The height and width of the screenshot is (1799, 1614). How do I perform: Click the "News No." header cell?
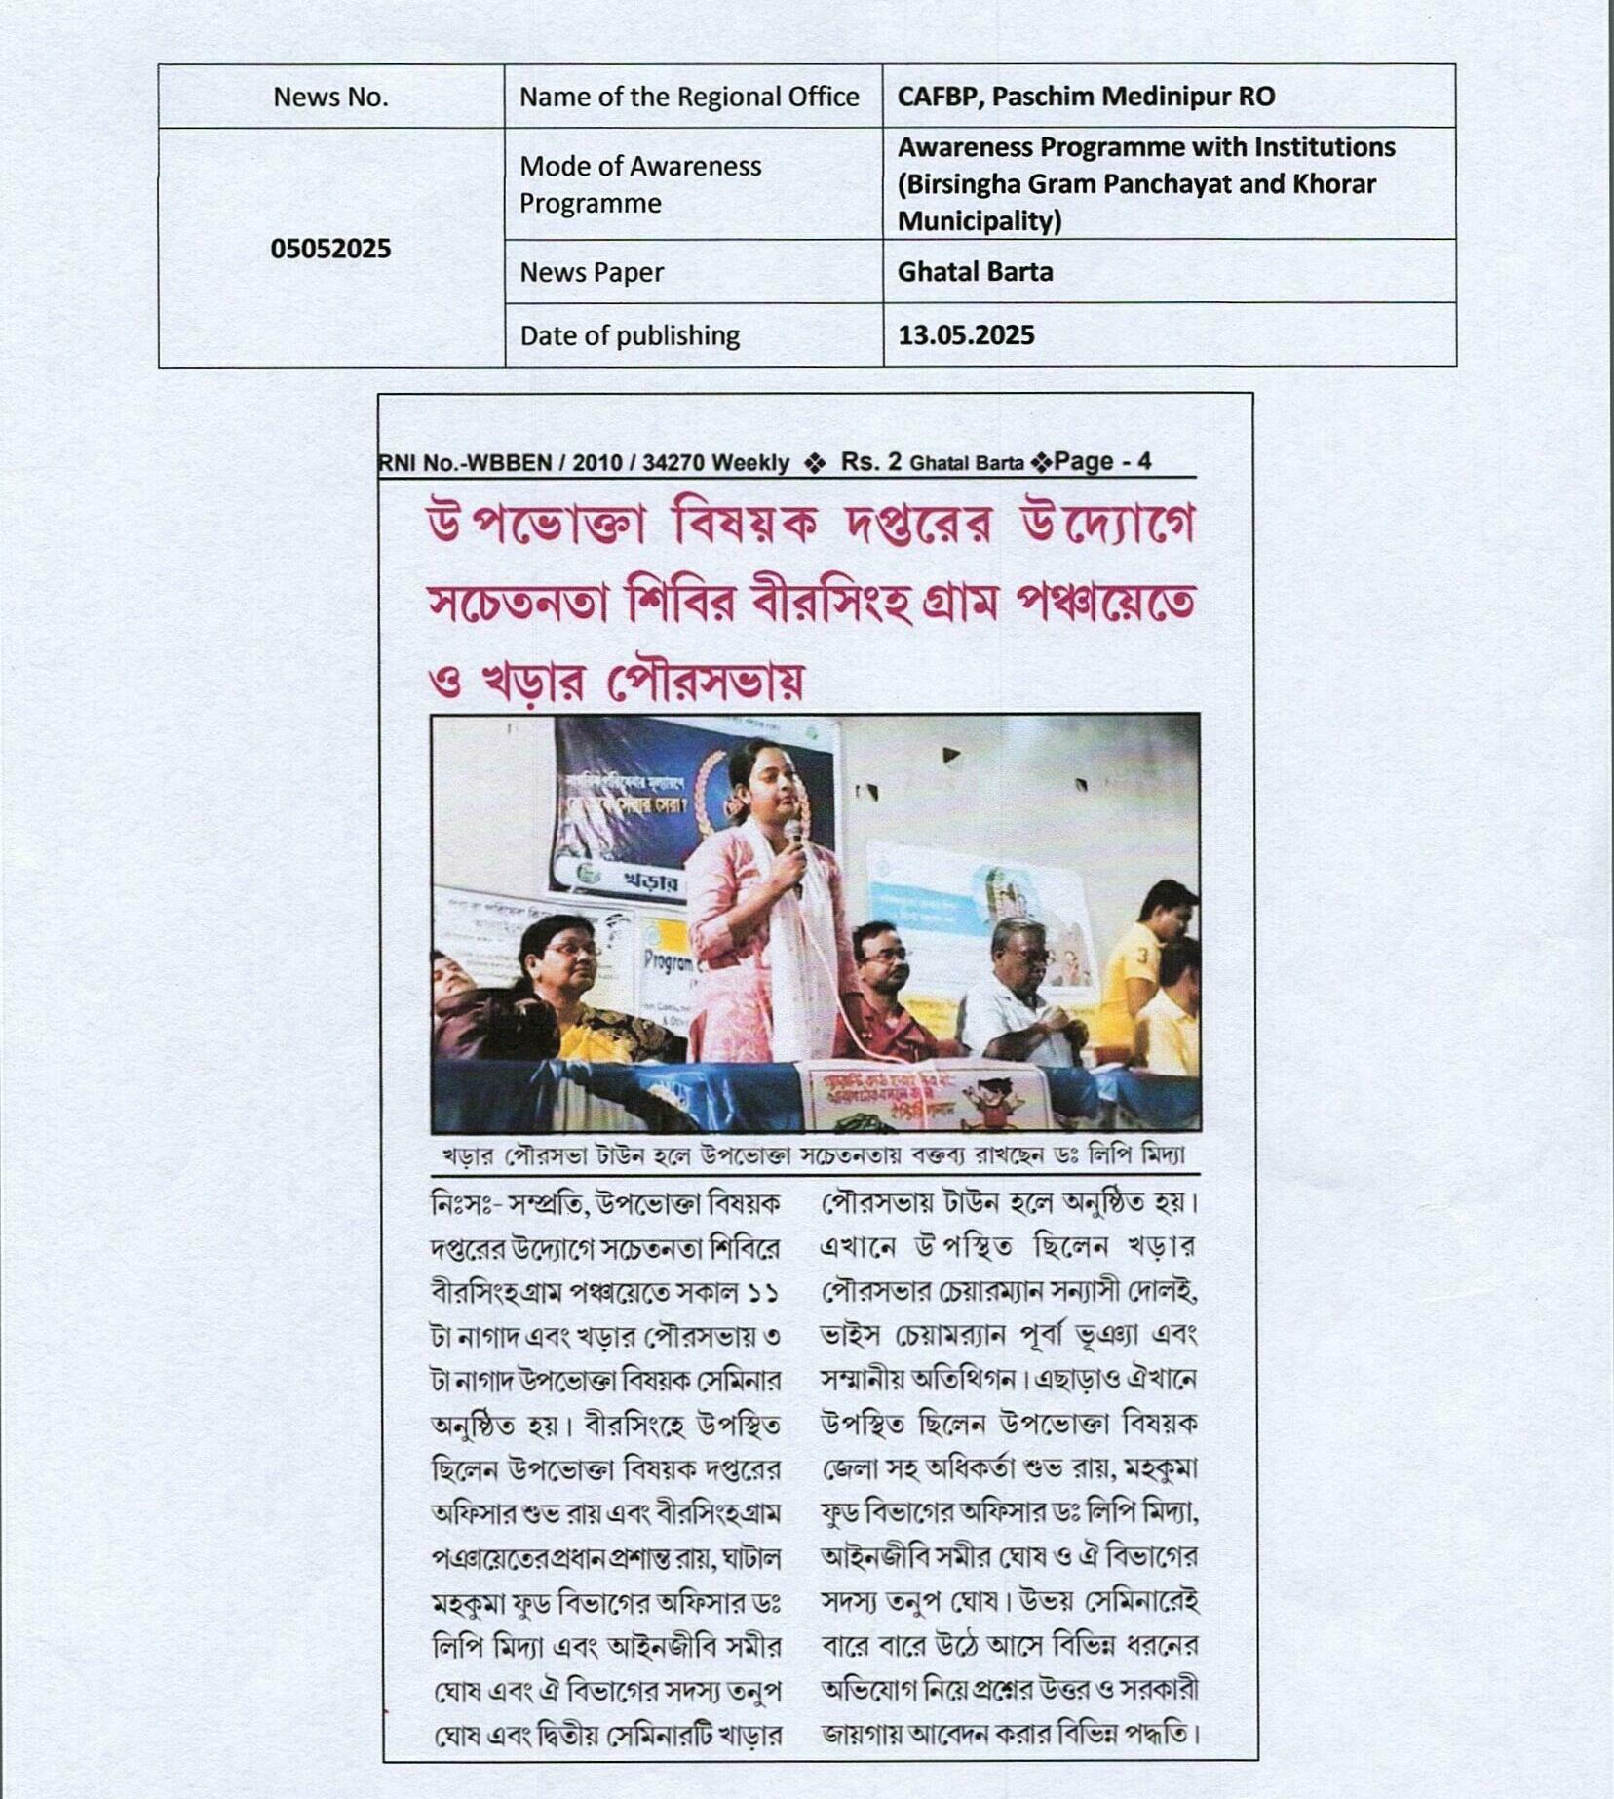[330, 98]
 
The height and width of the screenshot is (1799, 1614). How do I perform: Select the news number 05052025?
[330, 249]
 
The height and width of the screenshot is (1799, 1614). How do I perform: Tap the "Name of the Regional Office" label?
[688, 98]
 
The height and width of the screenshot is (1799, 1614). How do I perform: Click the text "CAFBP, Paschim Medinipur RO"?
[1086, 97]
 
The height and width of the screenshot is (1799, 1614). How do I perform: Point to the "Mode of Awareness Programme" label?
[639, 184]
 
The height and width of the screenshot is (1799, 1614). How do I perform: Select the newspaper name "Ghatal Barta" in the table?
[975, 272]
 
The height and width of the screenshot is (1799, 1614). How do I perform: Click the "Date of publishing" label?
[630, 336]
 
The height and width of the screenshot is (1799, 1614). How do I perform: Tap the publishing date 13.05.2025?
[966, 335]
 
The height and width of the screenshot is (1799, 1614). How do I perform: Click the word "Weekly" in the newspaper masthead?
[750, 463]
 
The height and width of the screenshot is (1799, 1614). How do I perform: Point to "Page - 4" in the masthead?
[1101, 462]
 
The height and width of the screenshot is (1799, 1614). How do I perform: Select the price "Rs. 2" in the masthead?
[870, 462]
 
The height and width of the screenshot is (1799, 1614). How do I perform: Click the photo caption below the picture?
[814, 1156]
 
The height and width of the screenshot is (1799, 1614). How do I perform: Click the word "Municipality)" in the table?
[980, 222]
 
